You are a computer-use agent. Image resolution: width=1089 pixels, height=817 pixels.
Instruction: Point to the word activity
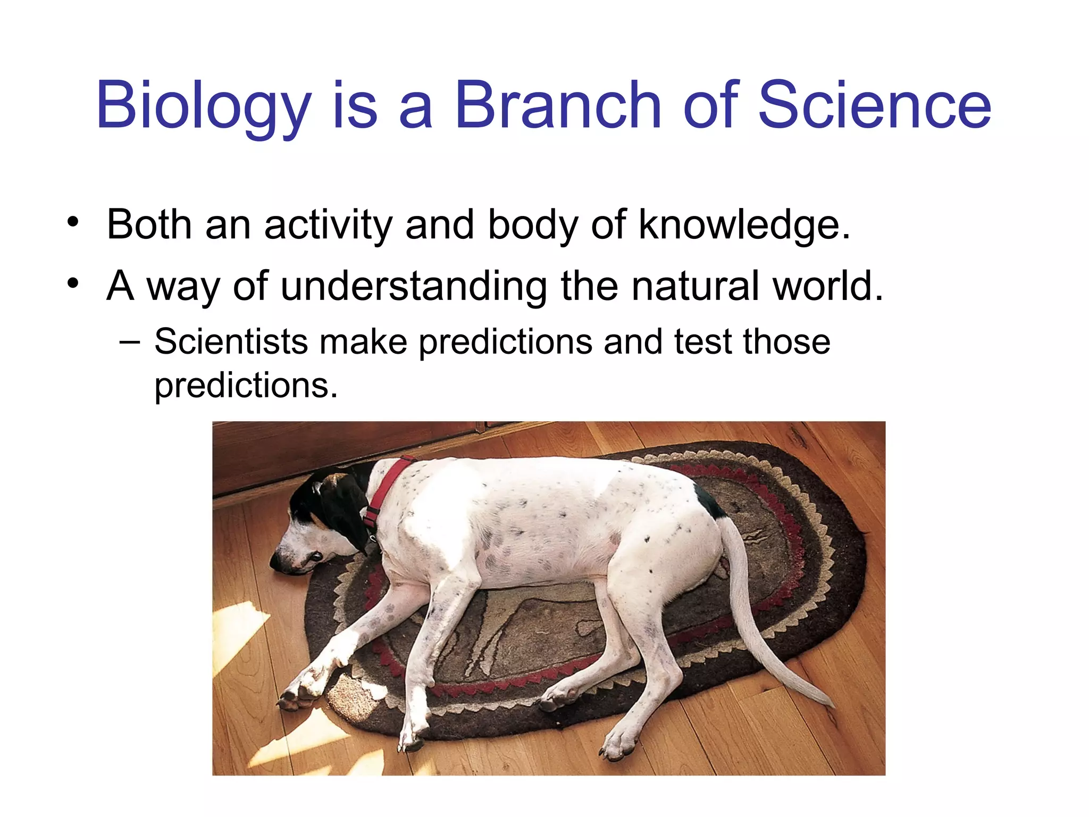pyautogui.click(x=328, y=225)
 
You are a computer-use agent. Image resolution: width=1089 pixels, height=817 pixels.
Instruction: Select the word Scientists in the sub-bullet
pyautogui.click(x=231, y=341)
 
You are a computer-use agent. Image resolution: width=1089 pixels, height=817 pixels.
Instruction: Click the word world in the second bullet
pyautogui.click(x=827, y=286)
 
